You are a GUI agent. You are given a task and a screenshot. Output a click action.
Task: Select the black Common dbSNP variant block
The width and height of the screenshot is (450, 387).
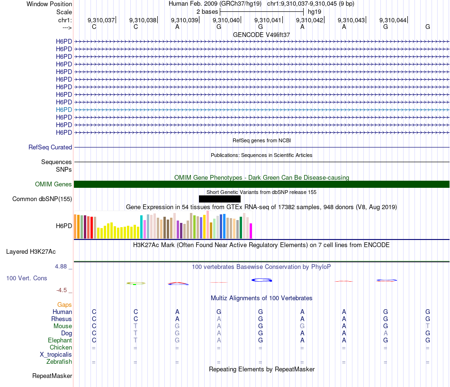(x=220, y=199)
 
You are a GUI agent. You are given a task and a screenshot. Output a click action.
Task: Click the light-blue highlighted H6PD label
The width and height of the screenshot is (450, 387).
(x=64, y=110)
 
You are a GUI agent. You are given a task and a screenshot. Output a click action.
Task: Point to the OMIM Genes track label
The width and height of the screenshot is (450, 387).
(x=54, y=184)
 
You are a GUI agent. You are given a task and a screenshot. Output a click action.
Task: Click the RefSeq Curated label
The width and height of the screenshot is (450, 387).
(x=50, y=147)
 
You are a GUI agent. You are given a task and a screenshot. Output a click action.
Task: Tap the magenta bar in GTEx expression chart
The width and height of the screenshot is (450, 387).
(x=251, y=231)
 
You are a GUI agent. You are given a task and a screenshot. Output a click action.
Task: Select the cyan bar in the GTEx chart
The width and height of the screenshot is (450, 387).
(x=142, y=227)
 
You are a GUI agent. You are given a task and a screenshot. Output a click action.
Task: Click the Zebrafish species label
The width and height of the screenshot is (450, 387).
(x=59, y=362)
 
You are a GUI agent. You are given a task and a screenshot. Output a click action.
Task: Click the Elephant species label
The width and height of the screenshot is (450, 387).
(x=60, y=341)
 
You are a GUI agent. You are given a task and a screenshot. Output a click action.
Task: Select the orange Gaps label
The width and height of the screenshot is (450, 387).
(x=64, y=305)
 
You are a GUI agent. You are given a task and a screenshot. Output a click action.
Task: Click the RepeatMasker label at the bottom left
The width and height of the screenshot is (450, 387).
(x=52, y=376)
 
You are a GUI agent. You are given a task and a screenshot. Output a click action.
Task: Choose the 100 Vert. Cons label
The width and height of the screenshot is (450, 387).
(x=27, y=278)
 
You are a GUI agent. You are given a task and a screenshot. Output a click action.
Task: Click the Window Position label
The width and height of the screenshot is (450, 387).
(x=49, y=4)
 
